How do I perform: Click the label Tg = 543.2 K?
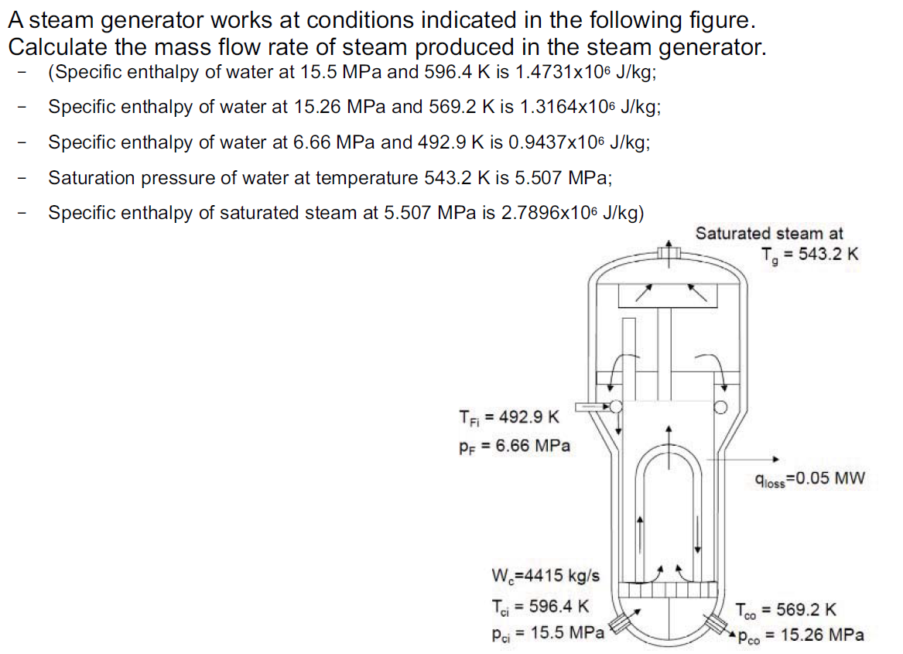(x=809, y=254)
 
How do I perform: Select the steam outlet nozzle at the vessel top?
(x=667, y=252)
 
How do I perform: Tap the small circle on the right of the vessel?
(x=720, y=407)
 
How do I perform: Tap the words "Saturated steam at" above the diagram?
(x=768, y=233)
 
